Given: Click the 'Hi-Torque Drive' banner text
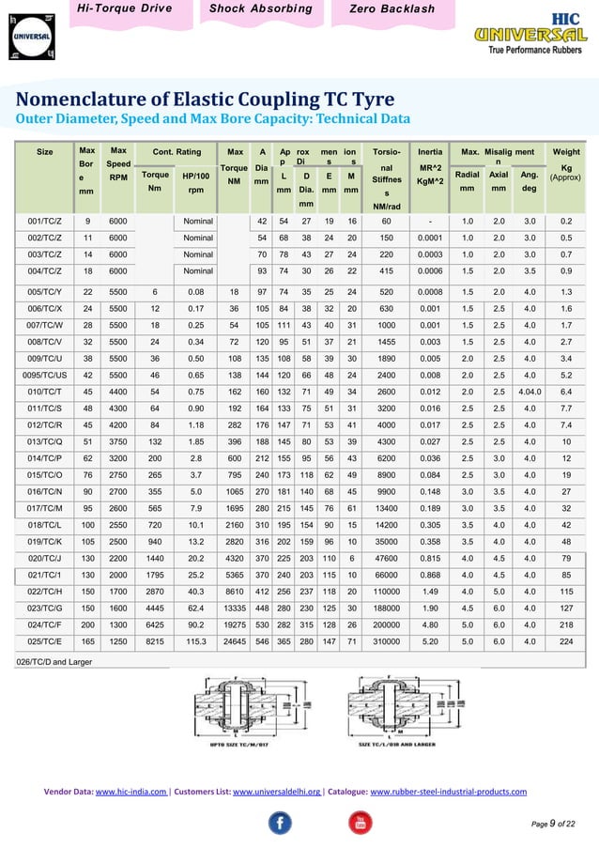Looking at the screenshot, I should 125,9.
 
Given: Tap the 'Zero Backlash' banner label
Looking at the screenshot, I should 392,9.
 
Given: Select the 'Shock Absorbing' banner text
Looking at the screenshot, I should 261,9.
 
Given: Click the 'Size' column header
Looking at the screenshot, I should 45,150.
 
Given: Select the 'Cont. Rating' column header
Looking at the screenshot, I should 177,150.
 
